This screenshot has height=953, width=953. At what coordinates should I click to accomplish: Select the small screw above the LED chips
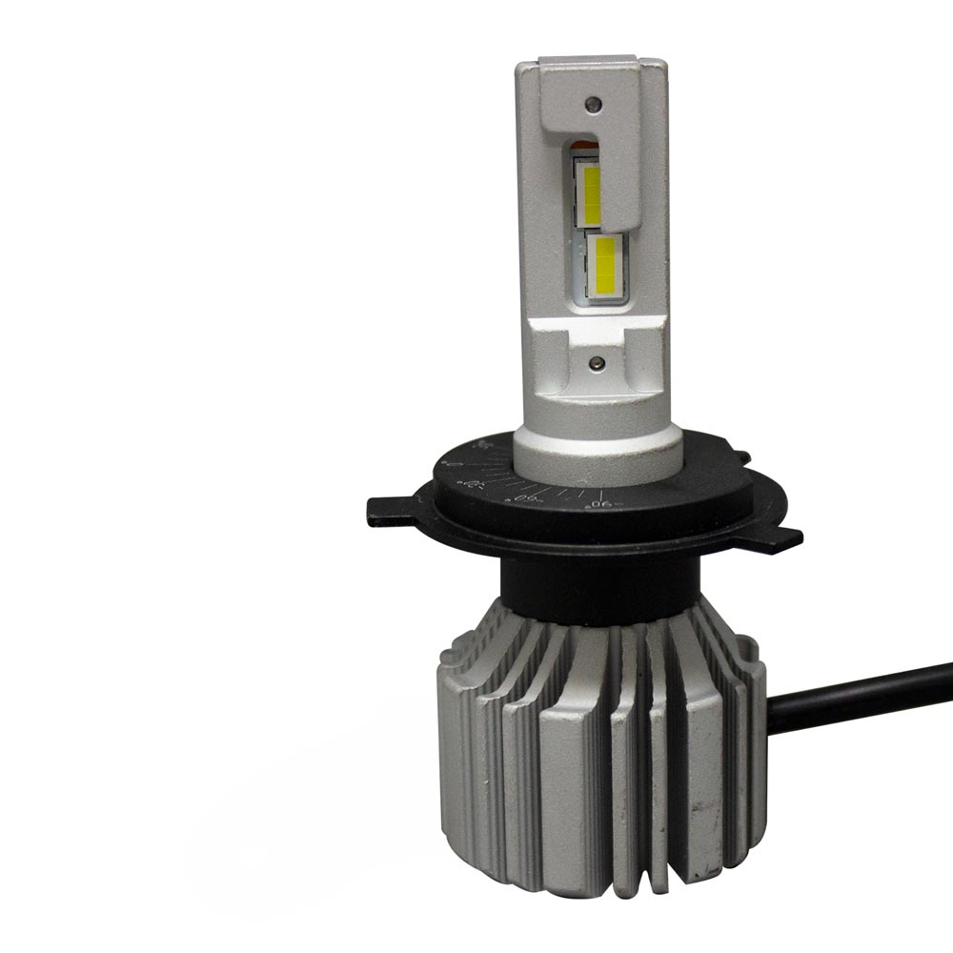click(592, 103)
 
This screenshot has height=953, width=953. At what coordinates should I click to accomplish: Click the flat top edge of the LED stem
click(591, 62)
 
